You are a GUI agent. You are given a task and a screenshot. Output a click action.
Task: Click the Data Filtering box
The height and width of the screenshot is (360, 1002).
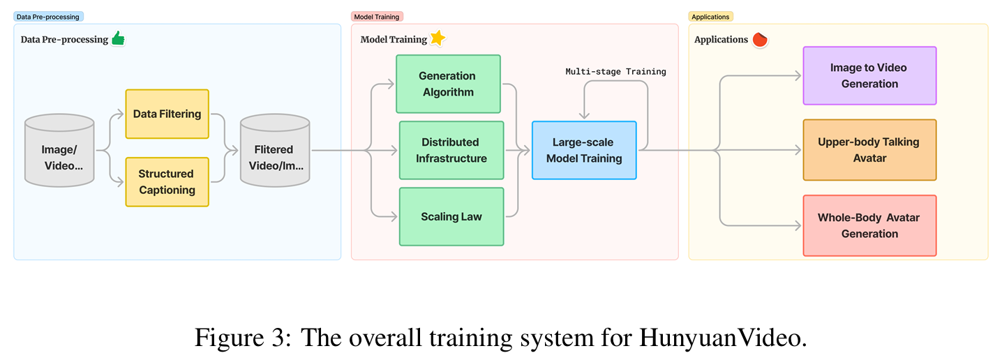tap(167, 114)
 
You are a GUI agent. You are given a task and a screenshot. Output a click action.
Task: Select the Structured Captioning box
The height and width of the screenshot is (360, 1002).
tap(167, 181)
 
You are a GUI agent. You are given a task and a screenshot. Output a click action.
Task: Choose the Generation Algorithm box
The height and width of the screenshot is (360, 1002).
tap(447, 84)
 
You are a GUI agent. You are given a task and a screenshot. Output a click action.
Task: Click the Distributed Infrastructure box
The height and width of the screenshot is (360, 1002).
tap(451, 150)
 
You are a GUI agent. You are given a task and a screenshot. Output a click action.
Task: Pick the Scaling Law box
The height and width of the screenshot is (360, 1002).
tap(451, 216)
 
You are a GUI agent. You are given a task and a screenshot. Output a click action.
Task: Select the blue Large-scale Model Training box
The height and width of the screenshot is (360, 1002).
tap(584, 150)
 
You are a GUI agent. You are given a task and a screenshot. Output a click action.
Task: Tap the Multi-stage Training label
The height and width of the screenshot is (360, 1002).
tap(615, 71)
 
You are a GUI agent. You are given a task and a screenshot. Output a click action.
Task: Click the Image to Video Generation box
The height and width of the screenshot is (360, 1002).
tap(869, 75)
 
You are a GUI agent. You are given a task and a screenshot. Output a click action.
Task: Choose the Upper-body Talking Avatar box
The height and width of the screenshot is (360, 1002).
tap(869, 150)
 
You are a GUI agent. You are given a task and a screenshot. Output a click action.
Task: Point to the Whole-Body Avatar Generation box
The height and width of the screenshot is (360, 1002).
tap(869, 225)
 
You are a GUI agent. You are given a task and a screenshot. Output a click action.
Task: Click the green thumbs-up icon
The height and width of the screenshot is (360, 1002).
tap(118, 38)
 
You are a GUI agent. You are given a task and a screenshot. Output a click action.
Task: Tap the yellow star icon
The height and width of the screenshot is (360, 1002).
tap(438, 38)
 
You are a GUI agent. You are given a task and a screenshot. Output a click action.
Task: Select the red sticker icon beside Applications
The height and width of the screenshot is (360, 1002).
tap(760, 39)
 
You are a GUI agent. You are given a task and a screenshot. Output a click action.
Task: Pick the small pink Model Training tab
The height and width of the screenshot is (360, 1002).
tap(376, 16)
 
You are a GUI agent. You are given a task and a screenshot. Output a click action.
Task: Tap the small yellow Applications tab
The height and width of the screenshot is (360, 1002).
tap(710, 16)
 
